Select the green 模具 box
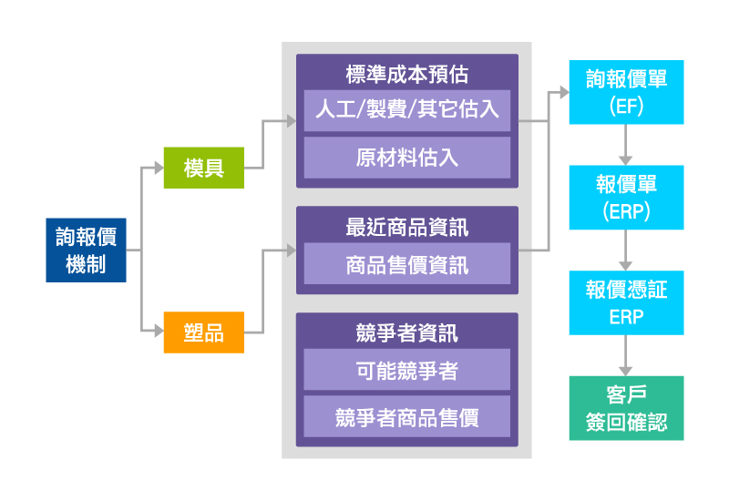(x=203, y=168)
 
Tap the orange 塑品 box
(x=203, y=332)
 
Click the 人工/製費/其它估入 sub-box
(x=406, y=111)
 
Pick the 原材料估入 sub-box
(x=406, y=158)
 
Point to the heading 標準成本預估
(x=406, y=73)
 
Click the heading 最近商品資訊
(x=406, y=225)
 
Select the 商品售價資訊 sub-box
(x=406, y=264)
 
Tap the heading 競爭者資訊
(x=406, y=332)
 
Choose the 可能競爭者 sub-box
(x=406, y=371)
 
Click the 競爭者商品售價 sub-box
(x=406, y=417)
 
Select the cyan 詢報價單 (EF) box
(x=626, y=93)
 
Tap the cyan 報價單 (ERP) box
(x=626, y=197)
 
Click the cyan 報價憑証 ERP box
(x=626, y=302)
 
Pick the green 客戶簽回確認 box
(x=626, y=408)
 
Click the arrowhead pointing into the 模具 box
(x=158, y=168)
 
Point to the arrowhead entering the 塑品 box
(x=158, y=332)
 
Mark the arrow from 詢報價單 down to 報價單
(x=626, y=144)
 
